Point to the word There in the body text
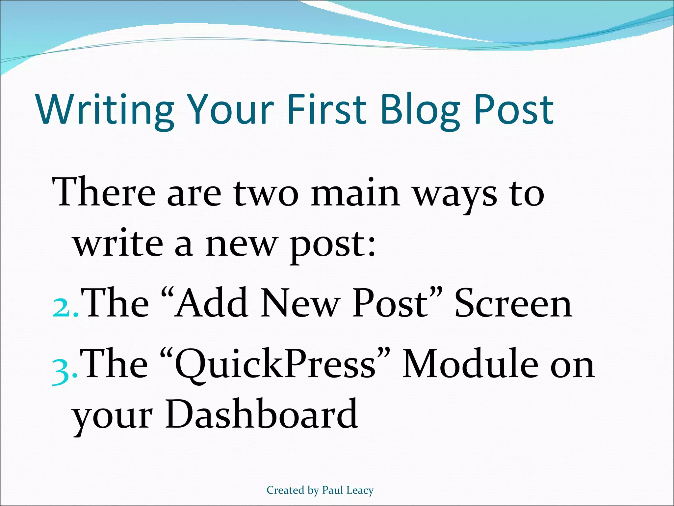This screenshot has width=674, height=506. click(104, 193)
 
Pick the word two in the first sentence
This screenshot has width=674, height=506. click(266, 194)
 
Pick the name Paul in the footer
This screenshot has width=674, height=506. click(333, 491)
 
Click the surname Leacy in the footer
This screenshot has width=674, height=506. click(360, 491)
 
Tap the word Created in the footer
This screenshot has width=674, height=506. click(285, 491)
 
